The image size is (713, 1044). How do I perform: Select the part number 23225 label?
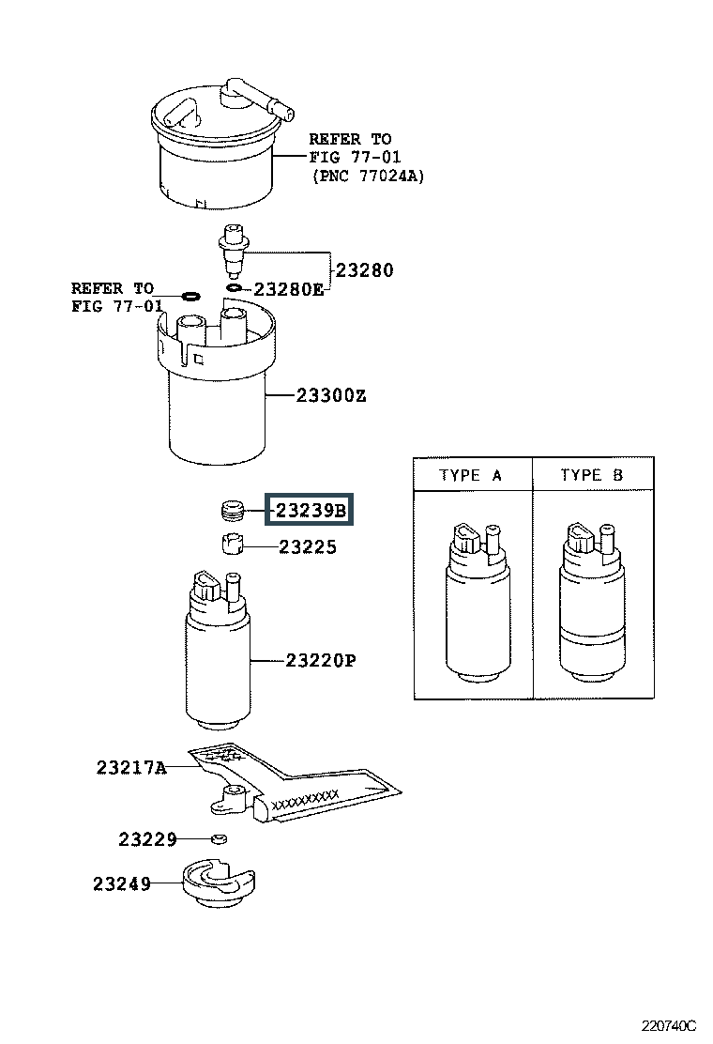pyautogui.click(x=307, y=547)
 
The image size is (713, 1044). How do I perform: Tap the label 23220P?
pyautogui.click(x=321, y=661)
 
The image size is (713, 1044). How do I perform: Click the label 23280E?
pyautogui.click(x=287, y=289)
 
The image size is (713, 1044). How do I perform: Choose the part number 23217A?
pyautogui.click(x=130, y=768)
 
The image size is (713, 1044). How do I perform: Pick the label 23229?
pyautogui.click(x=147, y=838)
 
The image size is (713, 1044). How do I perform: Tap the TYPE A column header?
pyautogui.click(x=471, y=475)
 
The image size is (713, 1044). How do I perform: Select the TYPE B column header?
pyautogui.click(x=591, y=475)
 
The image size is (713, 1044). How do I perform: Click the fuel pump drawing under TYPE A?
pyautogui.click(x=473, y=602)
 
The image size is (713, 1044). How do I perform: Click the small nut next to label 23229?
pyautogui.click(x=218, y=838)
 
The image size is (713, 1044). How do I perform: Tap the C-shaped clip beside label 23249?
pyautogui.click(x=220, y=883)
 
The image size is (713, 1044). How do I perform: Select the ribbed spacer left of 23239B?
pyautogui.click(x=232, y=511)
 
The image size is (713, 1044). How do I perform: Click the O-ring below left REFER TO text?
pyautogui.click(x=190, y=297)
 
